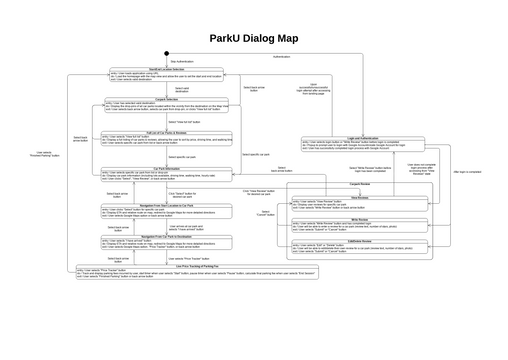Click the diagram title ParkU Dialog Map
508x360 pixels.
[x=253, y=39]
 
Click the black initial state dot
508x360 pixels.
[x=166, y=52]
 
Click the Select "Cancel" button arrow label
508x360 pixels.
[x=266, y=213]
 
